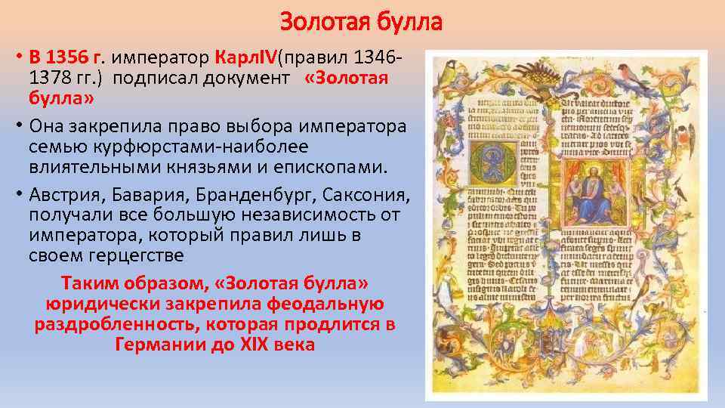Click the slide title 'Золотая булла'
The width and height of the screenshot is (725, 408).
coord(361,23)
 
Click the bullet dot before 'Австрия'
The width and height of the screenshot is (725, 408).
coord(20,196)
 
